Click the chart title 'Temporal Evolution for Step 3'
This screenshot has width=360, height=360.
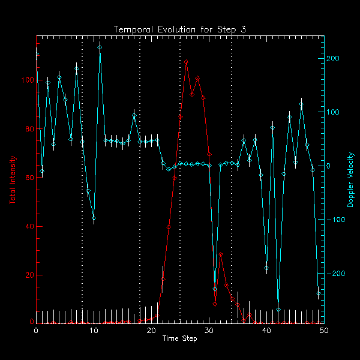coord(179,29)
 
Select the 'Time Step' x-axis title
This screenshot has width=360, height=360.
coord(179,339)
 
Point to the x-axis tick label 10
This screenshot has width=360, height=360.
coord(94,331)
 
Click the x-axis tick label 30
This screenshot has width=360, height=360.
coord(209,331)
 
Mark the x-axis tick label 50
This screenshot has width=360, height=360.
coord(324,331)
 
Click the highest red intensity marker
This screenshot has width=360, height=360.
coord(186,62)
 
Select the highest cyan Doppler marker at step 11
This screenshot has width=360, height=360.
coord(100,47)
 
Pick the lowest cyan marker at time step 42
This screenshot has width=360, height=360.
coord(278,310)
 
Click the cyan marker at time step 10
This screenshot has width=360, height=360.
coord(94,219)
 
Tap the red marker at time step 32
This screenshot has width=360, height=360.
coord(221,254)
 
